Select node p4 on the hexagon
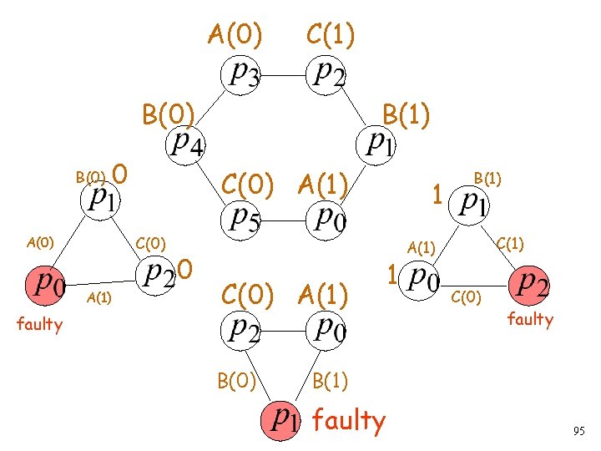tap(185, 144)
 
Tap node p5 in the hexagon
tap(244, 218)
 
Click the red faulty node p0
tap(47, 285)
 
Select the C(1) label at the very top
tap(331, 35)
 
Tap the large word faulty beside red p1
tap(349, 421)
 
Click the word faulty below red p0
tap(40, 324)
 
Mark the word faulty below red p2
tap(530, 318)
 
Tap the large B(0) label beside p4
tap(168, 113)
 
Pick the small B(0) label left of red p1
tap(90, 176)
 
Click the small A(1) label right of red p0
tap(99, 298)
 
